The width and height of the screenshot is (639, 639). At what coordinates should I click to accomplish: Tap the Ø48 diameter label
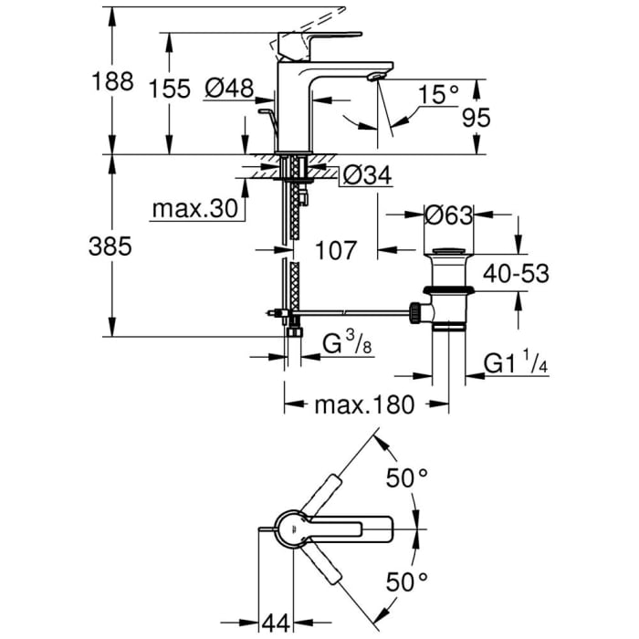[x=228, y=89]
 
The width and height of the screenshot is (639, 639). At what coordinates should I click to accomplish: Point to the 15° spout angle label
[x=439, y=93]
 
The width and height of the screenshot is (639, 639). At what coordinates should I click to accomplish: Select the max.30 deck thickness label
[x=194, y=209]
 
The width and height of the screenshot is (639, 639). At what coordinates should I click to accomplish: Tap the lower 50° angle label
[x=407, y=580]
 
